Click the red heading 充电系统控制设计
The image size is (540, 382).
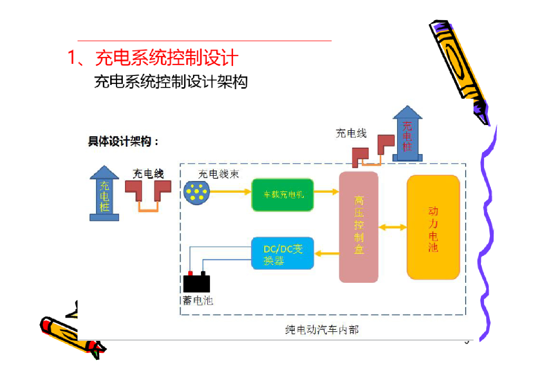(x=167, y=58)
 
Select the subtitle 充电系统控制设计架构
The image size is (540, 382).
(x=170, y=82)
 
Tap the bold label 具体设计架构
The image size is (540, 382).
(x=123, y=142)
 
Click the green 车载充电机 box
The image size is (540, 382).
(x=283, y=195)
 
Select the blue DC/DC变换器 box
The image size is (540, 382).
(x=283, y=253)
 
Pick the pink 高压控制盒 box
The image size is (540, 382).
(x=359, y=227)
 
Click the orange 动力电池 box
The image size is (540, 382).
(x=433, y=227)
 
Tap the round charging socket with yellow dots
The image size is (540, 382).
(x=196, y=192)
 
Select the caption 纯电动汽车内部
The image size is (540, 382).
(x=322, y=330)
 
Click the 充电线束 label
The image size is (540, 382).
(x=218, y=174)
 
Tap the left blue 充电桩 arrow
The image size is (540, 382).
(x=105, y=193)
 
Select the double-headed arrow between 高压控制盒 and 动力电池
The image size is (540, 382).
(x=393, y=227)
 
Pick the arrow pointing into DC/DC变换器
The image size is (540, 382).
(x=326, y=254)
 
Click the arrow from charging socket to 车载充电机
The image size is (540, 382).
(x=230, y=192)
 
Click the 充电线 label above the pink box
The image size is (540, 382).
(x=351, y=133)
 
